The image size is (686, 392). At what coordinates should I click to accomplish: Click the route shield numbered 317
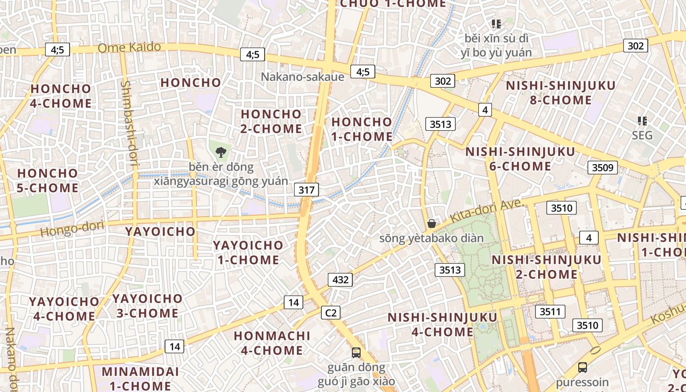[307, 190]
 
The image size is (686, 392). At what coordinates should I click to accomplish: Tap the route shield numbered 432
[340, 280]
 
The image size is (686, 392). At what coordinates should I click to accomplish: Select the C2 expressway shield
[331, 313]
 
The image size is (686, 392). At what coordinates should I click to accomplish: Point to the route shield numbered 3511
[550, 312]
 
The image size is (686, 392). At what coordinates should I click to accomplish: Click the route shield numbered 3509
[602, 168]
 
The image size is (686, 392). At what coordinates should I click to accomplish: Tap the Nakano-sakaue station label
[302, 76]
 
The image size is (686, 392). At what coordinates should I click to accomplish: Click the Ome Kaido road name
[129, 47]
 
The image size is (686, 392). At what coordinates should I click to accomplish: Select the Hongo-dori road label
[73, 228]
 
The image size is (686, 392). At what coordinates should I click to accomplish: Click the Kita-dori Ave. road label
[487, 211]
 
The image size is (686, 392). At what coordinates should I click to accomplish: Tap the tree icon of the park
[221, 151]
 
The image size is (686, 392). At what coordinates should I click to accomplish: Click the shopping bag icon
[432, 223]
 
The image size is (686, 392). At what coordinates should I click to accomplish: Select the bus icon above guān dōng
[356, 352]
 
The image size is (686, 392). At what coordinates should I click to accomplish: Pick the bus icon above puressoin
[582, 367]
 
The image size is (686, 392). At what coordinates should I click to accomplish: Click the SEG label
[642, 135]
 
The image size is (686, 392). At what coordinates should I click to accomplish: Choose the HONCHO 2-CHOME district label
[271, 121]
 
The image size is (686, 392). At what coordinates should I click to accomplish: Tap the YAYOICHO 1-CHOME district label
[248, 252]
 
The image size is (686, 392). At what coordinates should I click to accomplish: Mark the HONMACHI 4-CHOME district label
[272, 343]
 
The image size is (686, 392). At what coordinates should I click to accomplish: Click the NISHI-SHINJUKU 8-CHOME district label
[561, 93]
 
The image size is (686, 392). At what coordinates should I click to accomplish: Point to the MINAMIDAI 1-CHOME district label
[140, 378]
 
